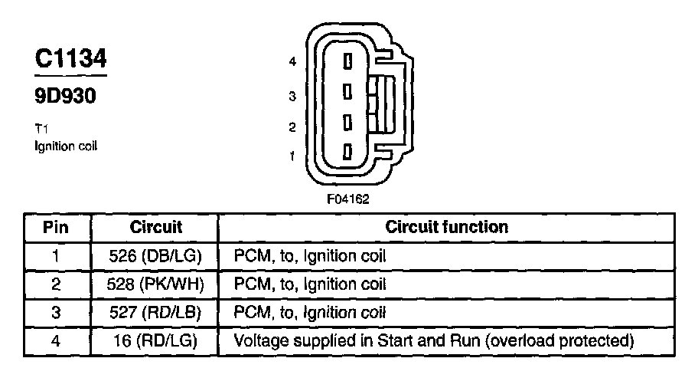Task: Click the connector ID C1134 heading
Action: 70,59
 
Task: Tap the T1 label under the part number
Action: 42,130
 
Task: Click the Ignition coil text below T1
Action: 66,145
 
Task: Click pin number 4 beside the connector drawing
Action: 292,62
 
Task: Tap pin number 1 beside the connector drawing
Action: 292,156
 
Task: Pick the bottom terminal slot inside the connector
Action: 347,152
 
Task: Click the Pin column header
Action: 55,227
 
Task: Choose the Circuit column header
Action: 155,227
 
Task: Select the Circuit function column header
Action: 446,227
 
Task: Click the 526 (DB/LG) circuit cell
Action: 155,255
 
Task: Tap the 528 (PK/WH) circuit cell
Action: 155,284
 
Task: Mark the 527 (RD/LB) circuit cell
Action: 155,312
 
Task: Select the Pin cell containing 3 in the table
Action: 55,312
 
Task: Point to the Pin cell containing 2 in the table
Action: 55,284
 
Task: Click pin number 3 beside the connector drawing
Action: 292,97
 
